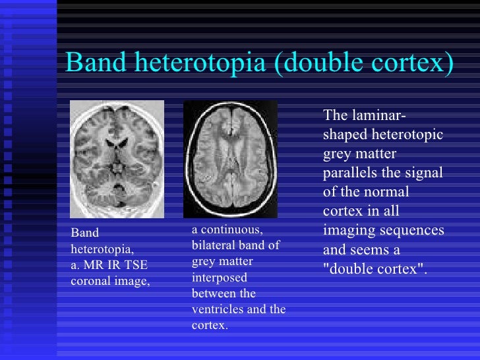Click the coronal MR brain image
[117, 160]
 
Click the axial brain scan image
[230, 159]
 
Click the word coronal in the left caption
[90, 281]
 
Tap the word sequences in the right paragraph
[415, 231]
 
